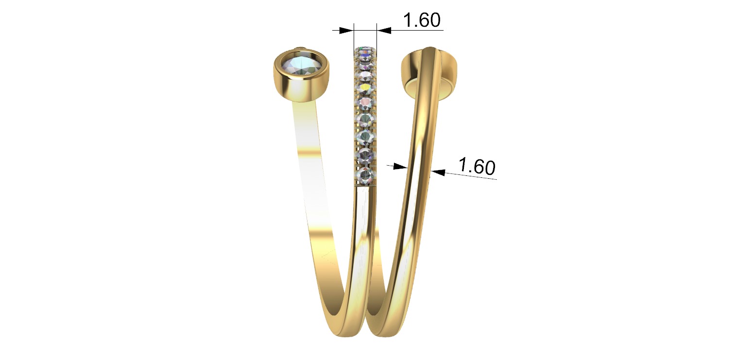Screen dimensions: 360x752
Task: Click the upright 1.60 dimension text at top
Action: coord(422,20)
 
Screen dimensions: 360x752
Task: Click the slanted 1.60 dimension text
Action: coord(477,167)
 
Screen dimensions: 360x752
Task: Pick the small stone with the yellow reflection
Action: coord(365,88)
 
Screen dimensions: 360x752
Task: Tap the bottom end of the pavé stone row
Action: coord(365,184)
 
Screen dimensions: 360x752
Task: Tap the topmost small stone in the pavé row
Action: coord(365,51)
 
